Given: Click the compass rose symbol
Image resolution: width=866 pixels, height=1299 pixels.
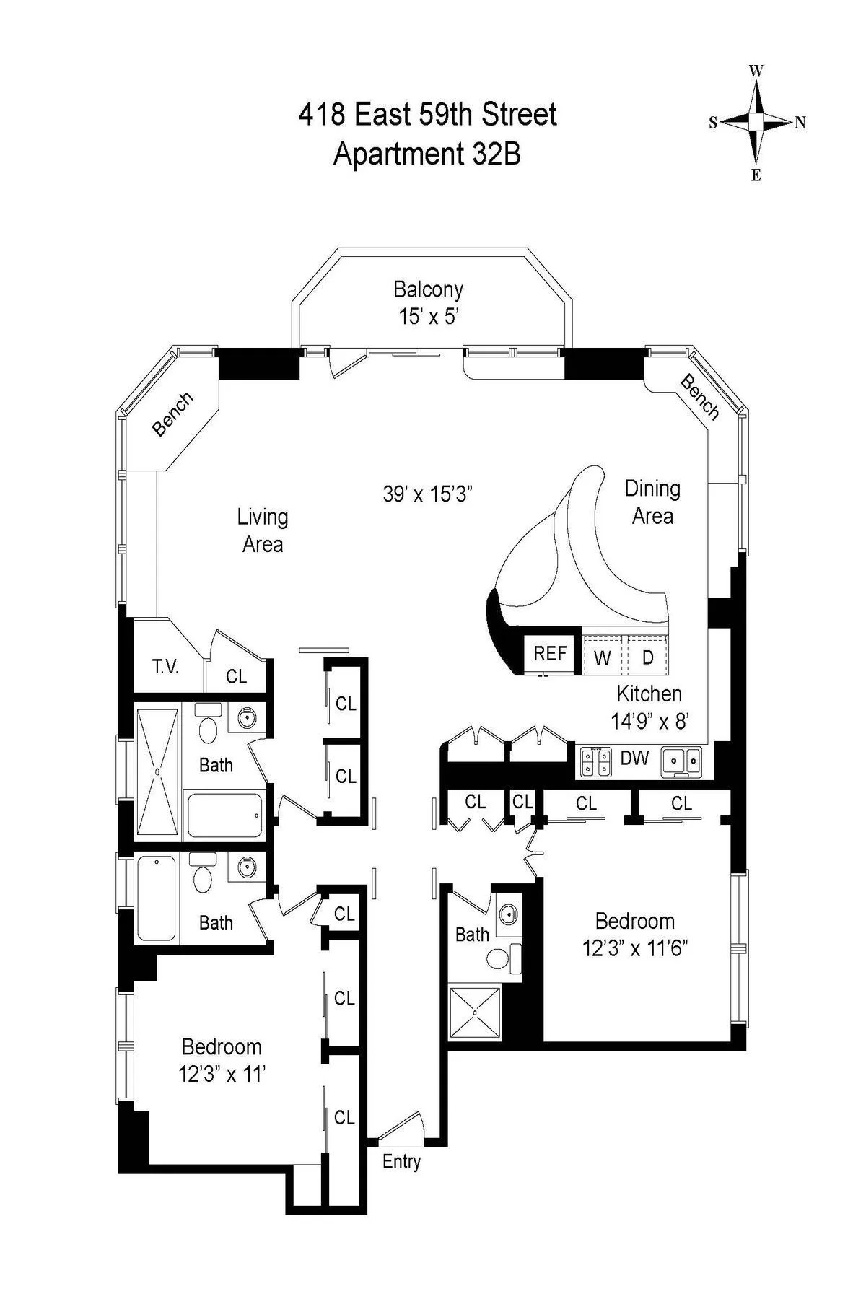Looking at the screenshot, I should tap(756, 122).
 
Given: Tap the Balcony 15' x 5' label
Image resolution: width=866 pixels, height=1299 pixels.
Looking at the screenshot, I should tap(428, 302).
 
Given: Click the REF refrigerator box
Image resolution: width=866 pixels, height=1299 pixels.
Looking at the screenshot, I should tap(550, 654).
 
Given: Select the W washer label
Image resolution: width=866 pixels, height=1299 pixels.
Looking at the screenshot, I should tap(603, 657).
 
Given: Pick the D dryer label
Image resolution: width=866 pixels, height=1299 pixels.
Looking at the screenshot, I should tap(648, 657).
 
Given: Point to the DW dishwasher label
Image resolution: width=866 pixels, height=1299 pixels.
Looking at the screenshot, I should tap(635, 758).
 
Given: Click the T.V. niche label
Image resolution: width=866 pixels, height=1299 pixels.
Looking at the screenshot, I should tap(165, 667).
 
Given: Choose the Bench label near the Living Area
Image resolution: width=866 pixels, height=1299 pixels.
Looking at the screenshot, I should tap(173, 414).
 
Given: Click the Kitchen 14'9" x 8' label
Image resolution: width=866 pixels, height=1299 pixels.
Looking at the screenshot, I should tap(649, 707).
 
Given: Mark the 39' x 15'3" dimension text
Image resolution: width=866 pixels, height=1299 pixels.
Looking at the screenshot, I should tap(427, 494).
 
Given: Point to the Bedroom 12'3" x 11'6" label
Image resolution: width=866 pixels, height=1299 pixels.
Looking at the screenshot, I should tap(635, 934).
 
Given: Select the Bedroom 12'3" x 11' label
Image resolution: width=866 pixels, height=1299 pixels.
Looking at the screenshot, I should tap(222, 1060).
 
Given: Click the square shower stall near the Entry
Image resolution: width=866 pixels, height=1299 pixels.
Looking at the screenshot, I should tap(475, 1013).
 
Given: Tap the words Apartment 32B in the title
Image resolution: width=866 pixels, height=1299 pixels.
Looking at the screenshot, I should tap(427, 154).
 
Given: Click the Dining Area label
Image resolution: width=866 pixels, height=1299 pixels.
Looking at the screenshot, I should tap(652, 502).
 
